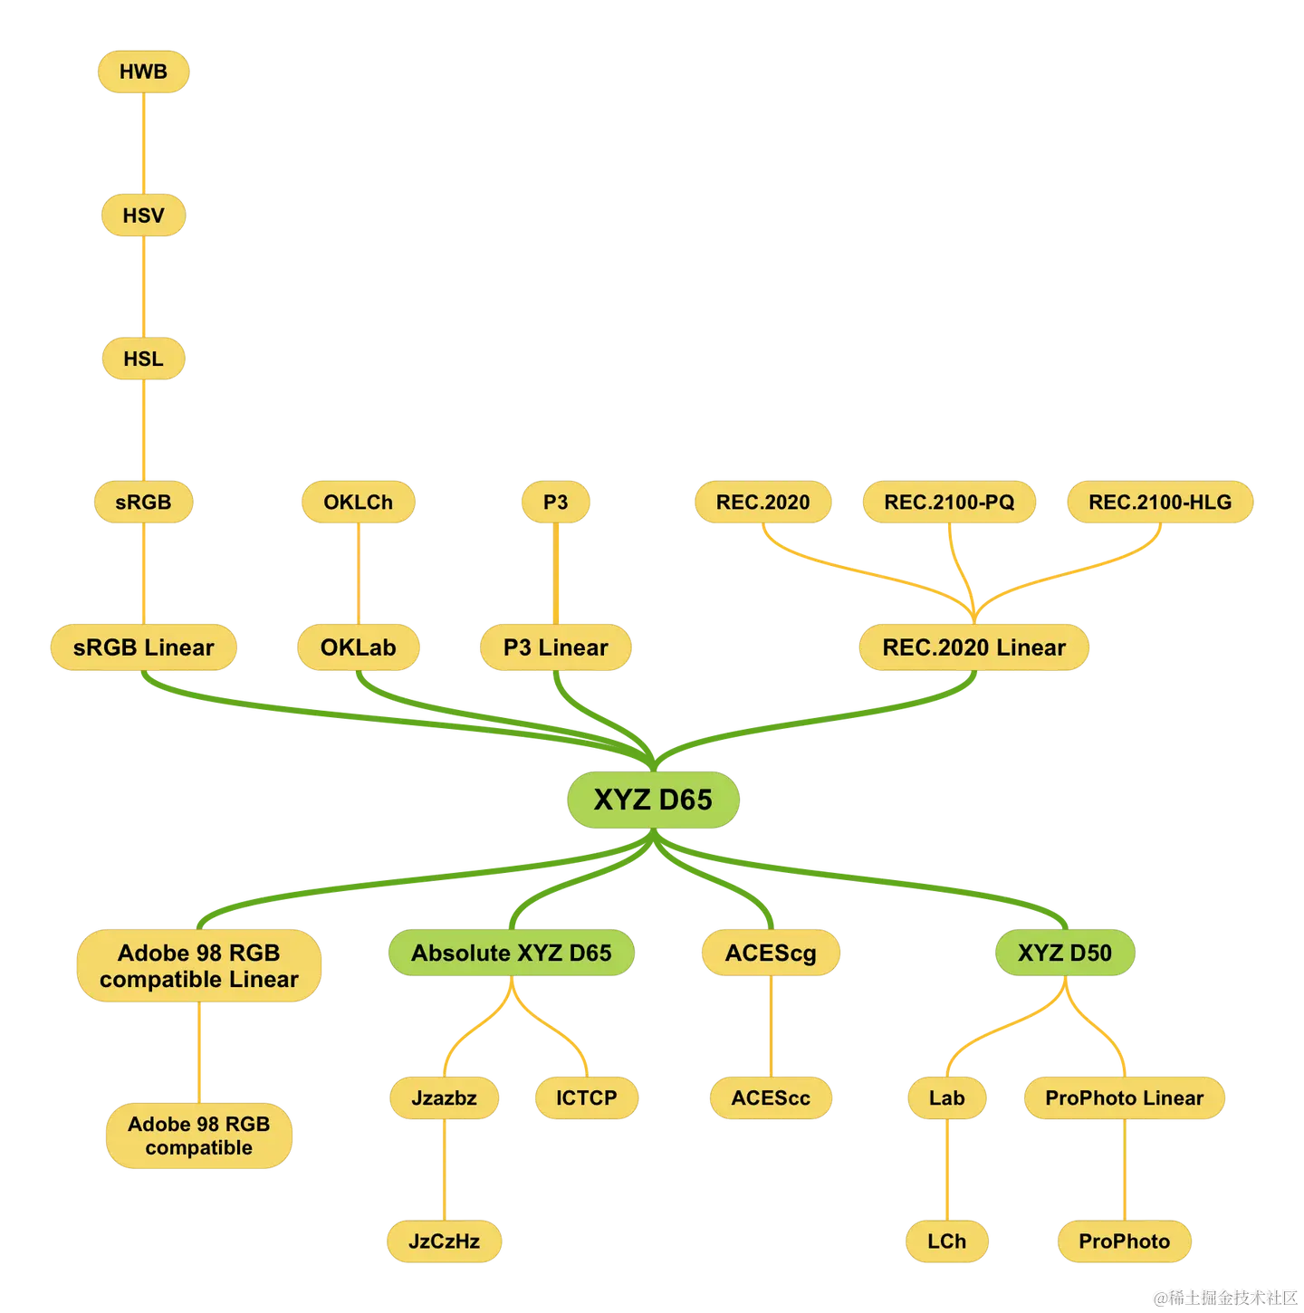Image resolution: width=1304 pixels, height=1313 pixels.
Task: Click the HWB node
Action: coord(143,72)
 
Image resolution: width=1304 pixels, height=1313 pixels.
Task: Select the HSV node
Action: coord(143,216)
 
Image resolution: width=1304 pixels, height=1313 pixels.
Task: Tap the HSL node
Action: coord(143,359)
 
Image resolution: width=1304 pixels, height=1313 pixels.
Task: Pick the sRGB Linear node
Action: coord(143,647)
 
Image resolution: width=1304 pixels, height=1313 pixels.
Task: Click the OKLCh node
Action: coord(358,503)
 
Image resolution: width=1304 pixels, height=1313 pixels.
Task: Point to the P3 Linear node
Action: coord(555,647)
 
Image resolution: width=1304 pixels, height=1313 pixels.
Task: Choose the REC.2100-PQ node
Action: coord(949,503)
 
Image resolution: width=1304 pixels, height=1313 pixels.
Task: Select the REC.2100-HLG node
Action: coord(1160,503)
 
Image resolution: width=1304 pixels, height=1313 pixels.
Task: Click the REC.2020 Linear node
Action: coord(974,647)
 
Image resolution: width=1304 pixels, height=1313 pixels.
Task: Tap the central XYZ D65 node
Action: coord(653,800)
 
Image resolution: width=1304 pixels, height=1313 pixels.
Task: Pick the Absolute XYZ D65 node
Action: coord(511,953)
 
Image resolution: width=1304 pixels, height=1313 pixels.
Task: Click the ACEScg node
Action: coord(771,953)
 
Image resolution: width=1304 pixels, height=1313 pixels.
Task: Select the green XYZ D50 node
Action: coord(1064,953)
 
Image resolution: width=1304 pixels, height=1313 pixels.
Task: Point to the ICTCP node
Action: coord(586,1097)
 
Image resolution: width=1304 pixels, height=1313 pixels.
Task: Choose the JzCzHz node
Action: coord(444,1241)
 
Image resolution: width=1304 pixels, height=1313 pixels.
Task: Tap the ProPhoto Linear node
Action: coord(1124,1097)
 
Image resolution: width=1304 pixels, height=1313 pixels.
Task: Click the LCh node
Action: coord(946,1241)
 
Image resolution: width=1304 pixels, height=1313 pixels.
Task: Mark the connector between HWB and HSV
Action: coord(144,143)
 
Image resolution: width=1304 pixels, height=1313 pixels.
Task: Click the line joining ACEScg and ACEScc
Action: coord(771,1025)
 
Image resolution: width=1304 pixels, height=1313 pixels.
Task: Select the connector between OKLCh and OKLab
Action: coord(358,573)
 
